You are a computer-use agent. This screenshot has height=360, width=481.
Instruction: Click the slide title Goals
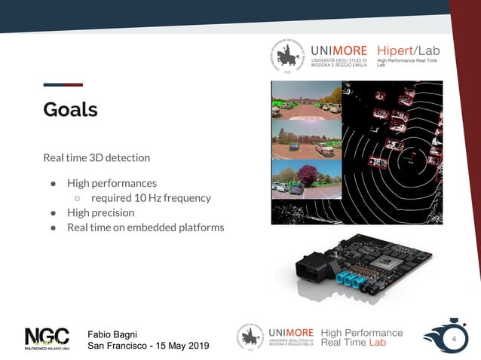coord(70,109)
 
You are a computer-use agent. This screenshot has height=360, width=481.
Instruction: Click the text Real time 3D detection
coord(97,158)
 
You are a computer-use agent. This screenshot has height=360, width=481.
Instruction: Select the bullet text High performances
coord(112,183)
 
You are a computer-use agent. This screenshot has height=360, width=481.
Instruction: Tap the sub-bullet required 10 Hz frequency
coord(151,198)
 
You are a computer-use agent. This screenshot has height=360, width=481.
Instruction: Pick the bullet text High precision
coord(100,213)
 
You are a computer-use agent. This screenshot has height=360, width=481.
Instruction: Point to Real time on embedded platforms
coord(146,227)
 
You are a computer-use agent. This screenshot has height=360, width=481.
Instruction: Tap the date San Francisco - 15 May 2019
coord(148,346)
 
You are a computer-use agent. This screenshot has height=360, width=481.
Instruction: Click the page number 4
coord(454,340)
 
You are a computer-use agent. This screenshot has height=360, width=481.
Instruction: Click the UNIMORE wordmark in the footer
coord(290,333)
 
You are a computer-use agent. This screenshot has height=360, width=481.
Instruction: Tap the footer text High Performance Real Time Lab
coord(362,337)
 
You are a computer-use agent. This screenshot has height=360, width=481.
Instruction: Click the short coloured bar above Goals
coord(63,84)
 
